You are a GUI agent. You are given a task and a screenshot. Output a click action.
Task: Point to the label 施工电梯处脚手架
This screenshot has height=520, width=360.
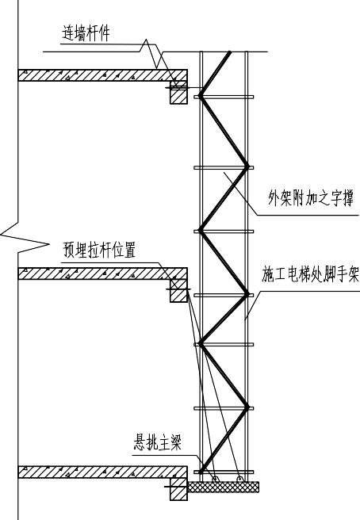click(x=311, y=274)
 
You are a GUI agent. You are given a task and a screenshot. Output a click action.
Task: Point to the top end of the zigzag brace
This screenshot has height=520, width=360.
click(x=231, y=53)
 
